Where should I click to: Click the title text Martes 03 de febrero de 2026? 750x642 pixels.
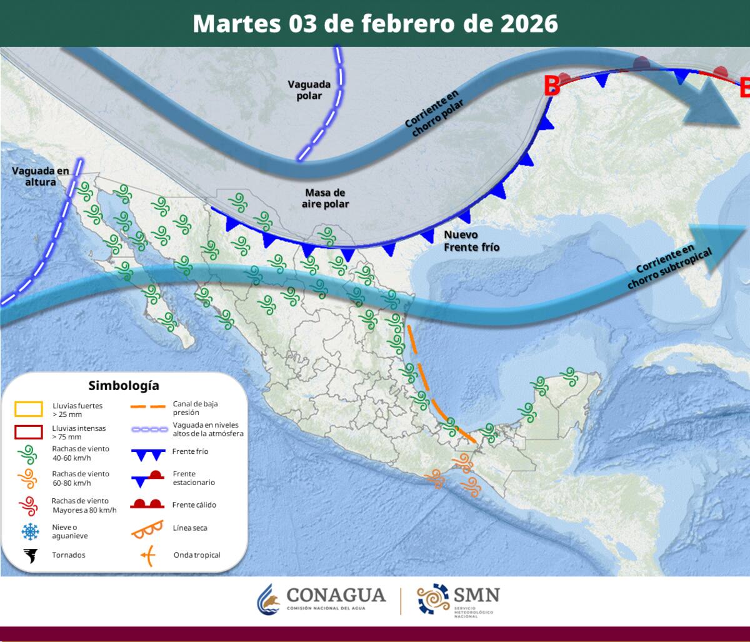coord(375,24)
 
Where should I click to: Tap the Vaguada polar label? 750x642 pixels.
coord(305,90)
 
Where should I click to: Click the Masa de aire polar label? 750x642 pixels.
coord(325,198)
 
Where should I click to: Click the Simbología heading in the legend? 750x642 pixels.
coord(124,385)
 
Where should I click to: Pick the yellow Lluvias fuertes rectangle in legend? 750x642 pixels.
coord(29,409)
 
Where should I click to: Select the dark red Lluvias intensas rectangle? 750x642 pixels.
coord(29,432)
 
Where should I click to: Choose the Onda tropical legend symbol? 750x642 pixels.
coord(147,554)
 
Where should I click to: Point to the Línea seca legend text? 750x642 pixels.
coord(190,528)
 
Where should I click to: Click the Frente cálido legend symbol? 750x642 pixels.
coord(147,504)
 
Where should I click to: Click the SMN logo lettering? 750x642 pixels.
coord(477,594)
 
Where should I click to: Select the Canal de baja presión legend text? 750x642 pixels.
coord(195,408)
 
